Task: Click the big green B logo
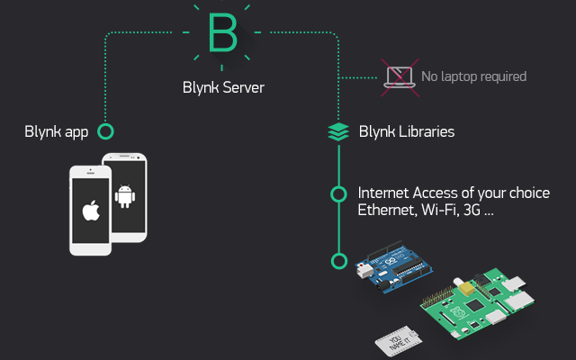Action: [221, 34]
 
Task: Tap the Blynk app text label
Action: [56, 132]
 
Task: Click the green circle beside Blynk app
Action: [105, 132]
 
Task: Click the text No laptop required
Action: [473, 77]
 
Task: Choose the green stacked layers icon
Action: [338, 132]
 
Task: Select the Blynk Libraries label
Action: [407, 132]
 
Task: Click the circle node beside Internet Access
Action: [338, 193]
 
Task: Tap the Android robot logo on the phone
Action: [125, 195]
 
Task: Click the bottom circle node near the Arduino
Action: [338, 261]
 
